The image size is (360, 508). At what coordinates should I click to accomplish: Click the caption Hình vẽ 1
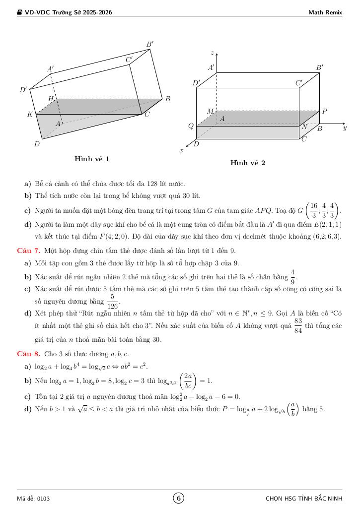(x=92, y=159)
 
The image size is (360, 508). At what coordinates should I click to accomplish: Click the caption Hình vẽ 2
(x=248, y=163)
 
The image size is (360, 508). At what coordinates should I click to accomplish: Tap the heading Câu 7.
(x=27, y=251)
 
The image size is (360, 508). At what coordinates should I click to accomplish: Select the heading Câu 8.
(x=27, y=354)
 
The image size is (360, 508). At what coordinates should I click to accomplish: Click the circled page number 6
(x=179, y=498)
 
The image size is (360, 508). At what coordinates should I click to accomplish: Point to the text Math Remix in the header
(x=325, y=12)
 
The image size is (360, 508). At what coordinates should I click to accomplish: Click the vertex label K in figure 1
(x=30, y=115)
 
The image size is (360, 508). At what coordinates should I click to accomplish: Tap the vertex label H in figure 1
(x=51, y=99)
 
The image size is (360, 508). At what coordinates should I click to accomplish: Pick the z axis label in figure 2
(x=212, y=53)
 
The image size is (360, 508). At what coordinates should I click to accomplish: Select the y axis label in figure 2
(x=345, y=128)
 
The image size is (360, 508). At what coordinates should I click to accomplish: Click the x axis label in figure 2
(x=181, y=149)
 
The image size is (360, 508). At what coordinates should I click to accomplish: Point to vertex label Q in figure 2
(x=190, y=126)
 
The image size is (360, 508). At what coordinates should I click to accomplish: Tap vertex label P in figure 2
(x=324, y=112)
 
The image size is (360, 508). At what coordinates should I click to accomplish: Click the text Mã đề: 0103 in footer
(x=33, y=499)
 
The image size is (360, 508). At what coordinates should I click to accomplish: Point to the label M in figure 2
(x=210, y=112)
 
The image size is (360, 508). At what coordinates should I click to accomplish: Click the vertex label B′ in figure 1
(x=150, y=45)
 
